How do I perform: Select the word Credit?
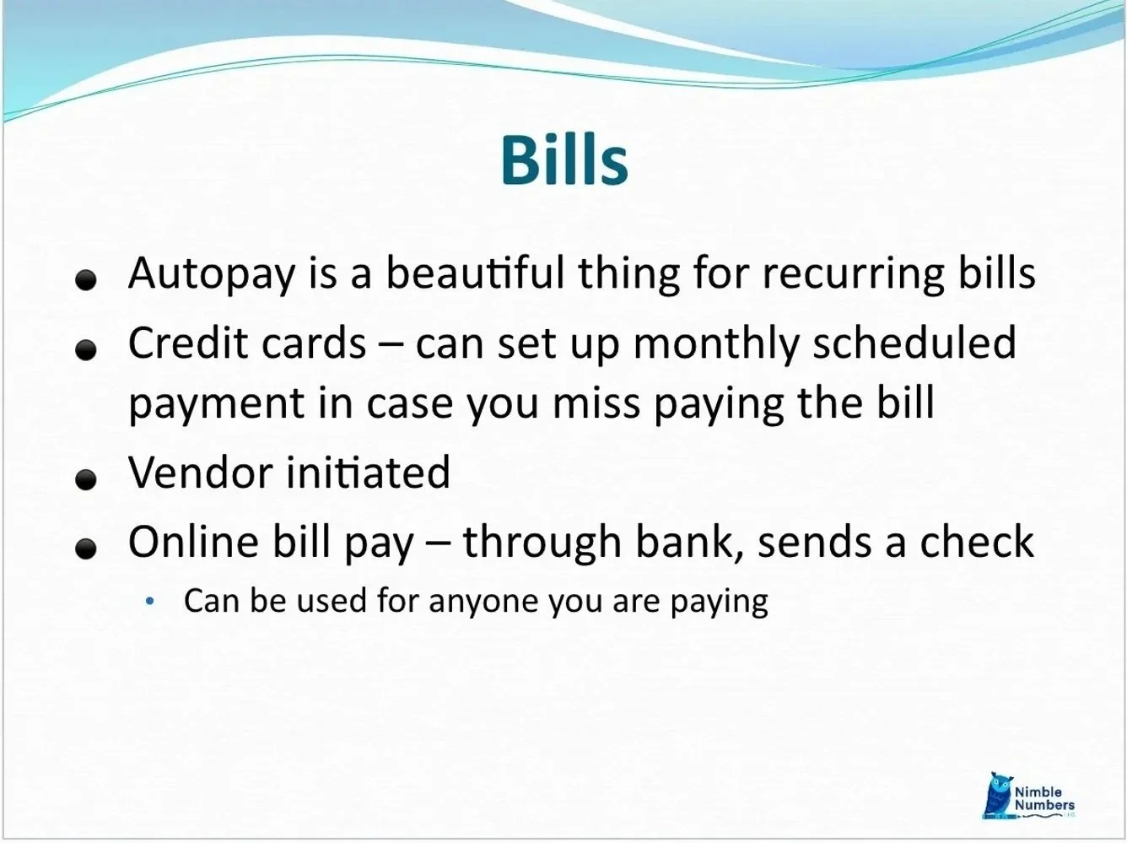tap(185, 343)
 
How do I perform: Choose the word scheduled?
tap(914, 343)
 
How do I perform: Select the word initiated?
tap(368, 472)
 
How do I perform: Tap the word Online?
tap(193, 541)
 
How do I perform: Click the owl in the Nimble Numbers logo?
tap(998, 794)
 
